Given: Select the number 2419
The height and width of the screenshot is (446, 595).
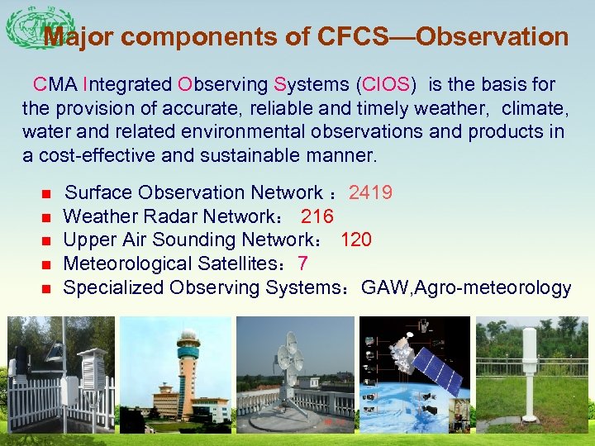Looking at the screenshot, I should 370,193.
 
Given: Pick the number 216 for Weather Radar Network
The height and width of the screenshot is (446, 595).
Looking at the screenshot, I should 317,217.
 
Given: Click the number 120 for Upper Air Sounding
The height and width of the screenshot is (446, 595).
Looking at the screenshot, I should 355,240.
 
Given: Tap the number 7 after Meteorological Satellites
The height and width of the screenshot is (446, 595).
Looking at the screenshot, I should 303,264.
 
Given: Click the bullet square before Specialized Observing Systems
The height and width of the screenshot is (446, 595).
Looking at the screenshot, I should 46,289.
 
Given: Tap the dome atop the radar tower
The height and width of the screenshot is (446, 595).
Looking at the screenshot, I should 188,337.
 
